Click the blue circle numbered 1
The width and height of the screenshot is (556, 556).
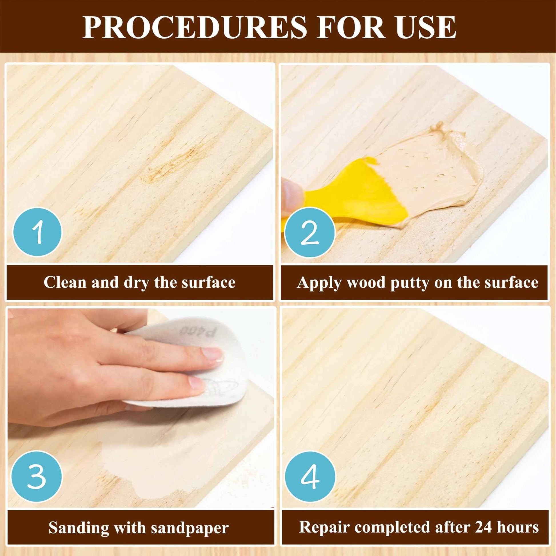[38, 232]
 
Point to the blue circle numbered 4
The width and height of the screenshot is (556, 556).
[310, 476]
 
